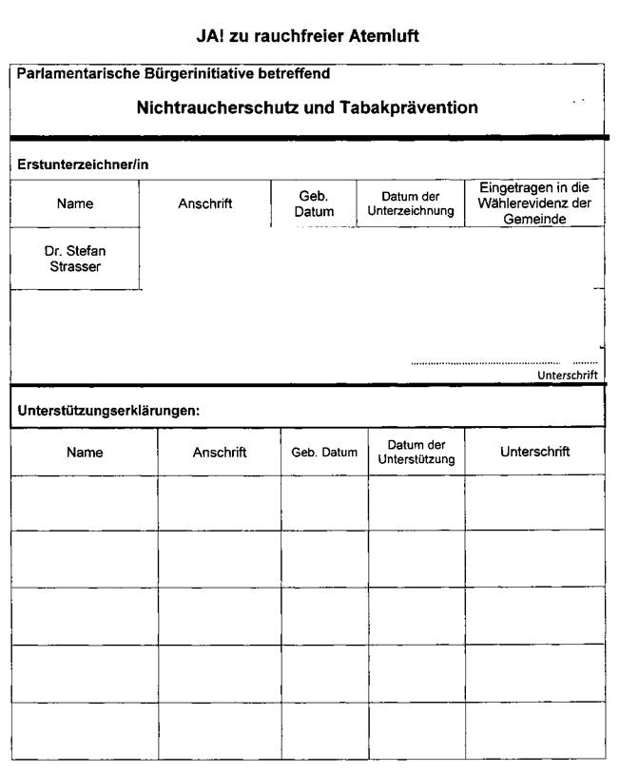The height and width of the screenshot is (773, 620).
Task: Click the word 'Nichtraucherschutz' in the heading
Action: coord(217,107)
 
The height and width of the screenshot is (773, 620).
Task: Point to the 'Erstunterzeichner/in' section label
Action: coord(83,164)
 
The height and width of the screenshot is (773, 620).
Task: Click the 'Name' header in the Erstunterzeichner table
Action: coord(75,203)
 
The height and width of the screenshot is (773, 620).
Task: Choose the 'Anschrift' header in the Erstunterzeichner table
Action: coord(205,203)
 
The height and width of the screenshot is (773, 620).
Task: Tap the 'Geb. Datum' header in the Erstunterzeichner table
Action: coord(314,203)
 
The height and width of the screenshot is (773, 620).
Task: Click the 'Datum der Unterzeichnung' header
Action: coord(411,203)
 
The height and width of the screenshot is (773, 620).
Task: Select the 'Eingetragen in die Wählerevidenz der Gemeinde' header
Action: coord(533,203)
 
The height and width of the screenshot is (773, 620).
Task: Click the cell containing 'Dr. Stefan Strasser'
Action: coord(75,259)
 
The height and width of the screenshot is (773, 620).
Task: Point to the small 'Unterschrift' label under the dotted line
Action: coord(567,376)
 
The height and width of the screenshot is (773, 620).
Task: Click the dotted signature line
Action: coord(485,363)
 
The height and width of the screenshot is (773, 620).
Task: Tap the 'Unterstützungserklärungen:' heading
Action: coord(108,411)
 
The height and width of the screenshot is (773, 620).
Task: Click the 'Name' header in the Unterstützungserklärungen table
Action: coord(85,453)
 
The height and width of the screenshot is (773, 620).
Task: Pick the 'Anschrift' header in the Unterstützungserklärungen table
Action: coord(220,453)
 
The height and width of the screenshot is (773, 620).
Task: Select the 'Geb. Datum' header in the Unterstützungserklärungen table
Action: coord(324,453)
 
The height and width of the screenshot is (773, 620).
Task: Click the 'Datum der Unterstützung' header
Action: coord(417,453)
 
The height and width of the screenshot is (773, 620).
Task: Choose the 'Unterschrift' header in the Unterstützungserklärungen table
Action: coord(534,453)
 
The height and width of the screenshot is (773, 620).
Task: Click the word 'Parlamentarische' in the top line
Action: coord(72,73)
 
